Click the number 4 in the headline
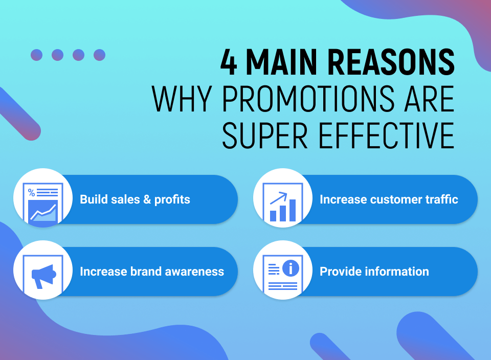pos(230,62)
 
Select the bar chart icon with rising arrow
pos(283,205)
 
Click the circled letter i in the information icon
pos(291,267)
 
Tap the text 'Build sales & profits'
pos(135,199)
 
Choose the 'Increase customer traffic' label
pos(389,199)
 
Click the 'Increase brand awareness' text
pos(152,272)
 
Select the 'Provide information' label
pos(374,272)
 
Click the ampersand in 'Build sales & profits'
pos(147,199)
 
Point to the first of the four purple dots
pos(36,55)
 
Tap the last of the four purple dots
pos(99,55)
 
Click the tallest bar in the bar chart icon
pos(293,210)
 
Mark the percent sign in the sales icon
pos(32,193)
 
